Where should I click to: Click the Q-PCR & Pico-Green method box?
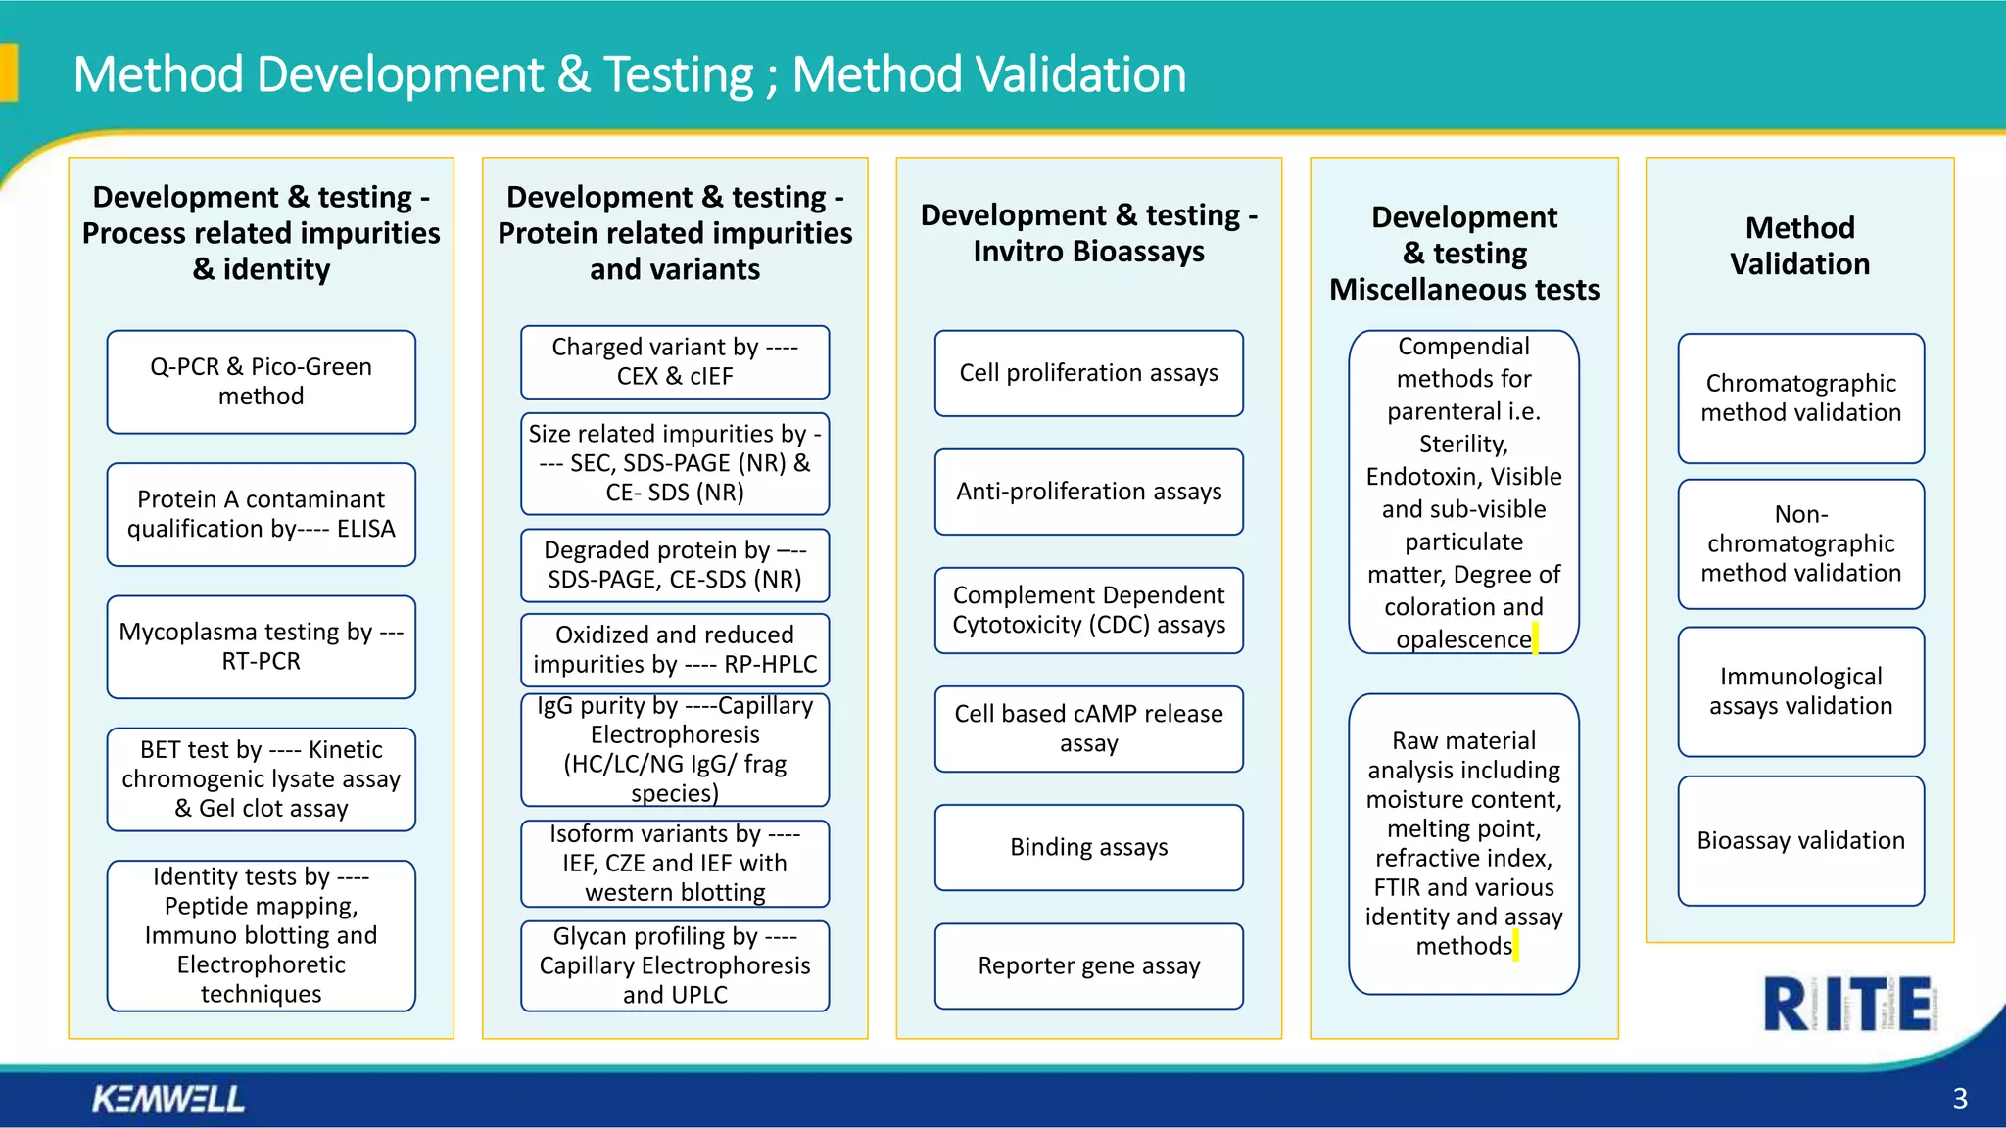(x=261, y=382)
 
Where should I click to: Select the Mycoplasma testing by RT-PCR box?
(x=261, y=646)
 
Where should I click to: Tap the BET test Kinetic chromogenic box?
(x=261, y=779)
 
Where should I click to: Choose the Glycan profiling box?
(x=675, y=965)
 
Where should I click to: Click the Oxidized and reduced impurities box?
(x=675, y=649)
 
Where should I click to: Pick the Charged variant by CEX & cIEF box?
(x=675, y=361)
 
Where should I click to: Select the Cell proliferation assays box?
(x=1088, y=373)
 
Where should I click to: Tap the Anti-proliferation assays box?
(x=1088, y=492)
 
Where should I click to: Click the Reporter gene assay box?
(x=1088, y=965)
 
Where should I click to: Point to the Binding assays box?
(x=1088, y=847)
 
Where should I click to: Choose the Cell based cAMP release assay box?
(x=1088, y=728)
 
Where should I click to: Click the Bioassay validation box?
(x=1800, y=840)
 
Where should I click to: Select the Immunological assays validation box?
(x=1800, y=691)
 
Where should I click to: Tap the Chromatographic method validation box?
(x=1800, y=398)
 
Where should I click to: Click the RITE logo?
(x=1847, y=1004)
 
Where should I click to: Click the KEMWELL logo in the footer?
(x=168, y=1099)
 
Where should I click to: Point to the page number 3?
(x=1959, y=1099)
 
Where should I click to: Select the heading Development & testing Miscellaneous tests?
(x=1463, y=254)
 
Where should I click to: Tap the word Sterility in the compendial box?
(x=1463, y=445)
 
